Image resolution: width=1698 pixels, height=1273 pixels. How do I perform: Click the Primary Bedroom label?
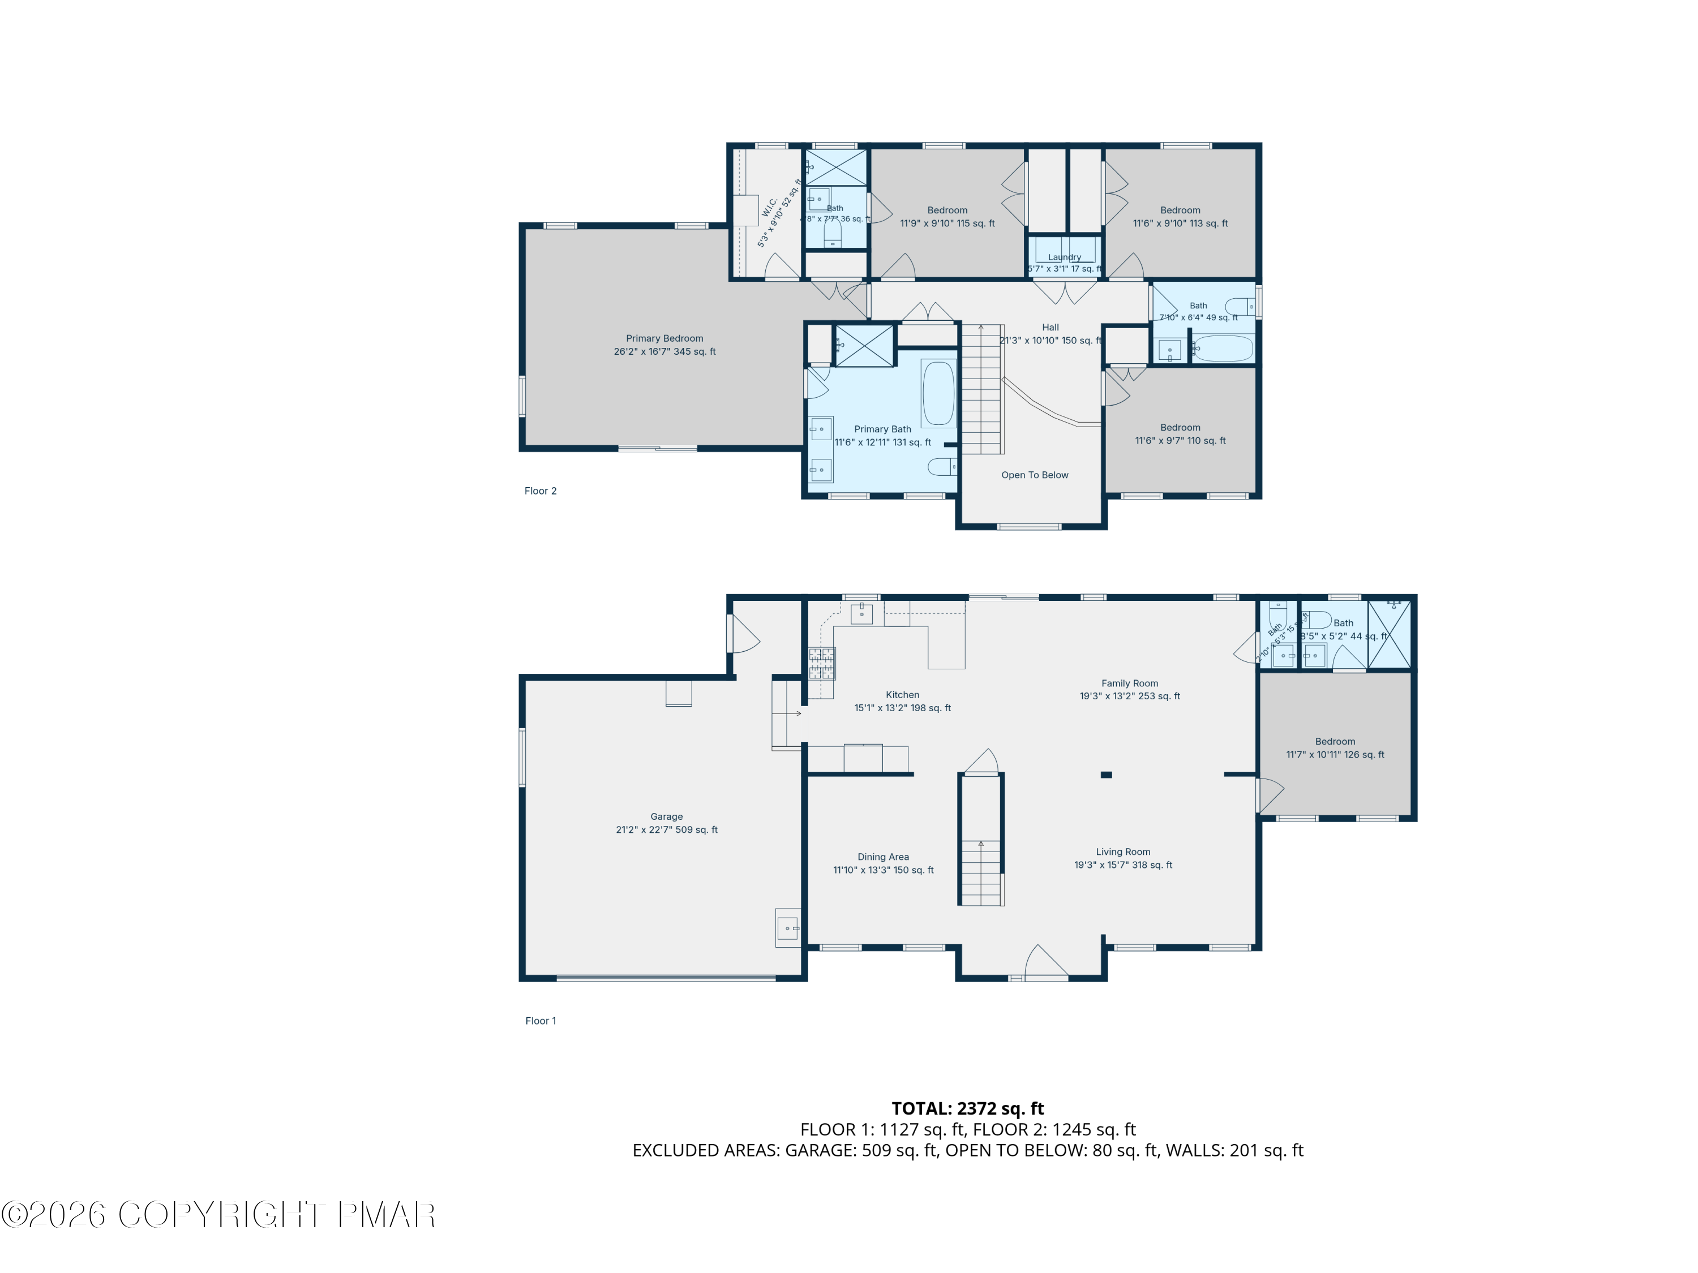click(x=664, y=338)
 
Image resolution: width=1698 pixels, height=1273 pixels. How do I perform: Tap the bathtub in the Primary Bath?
click(x=938, y=393)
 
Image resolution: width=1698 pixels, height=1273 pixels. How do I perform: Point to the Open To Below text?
click(x=1034, y=475)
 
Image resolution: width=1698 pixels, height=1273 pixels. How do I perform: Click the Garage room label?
click(x=666, y=816)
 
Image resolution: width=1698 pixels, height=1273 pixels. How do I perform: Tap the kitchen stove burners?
click(x=821, y=664)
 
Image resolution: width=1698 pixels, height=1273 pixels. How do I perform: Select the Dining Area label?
click(x=883, y=857)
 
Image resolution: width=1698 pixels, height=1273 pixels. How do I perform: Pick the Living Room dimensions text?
click(x=1122, y=865)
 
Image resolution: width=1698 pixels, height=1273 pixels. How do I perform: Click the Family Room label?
click(x=1129, y=683)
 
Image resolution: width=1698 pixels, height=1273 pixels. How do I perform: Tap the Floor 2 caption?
click(x=541, y=491)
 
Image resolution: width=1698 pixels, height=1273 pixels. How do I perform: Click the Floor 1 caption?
click(x=541, y=1021)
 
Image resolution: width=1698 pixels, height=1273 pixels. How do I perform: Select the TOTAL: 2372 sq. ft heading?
click(x=967, y=1108)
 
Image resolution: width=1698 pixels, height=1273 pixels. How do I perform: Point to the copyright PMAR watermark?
click(x=219, y=1215)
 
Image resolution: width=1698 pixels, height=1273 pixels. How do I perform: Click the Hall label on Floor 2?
click(x=1050, y=328)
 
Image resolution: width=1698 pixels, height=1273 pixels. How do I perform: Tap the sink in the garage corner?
click(x=788, y=928)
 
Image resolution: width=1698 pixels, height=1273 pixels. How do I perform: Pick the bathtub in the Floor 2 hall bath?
click(x=1223, y=349)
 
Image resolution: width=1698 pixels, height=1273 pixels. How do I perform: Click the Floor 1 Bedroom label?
click(x=1335, y=741)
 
